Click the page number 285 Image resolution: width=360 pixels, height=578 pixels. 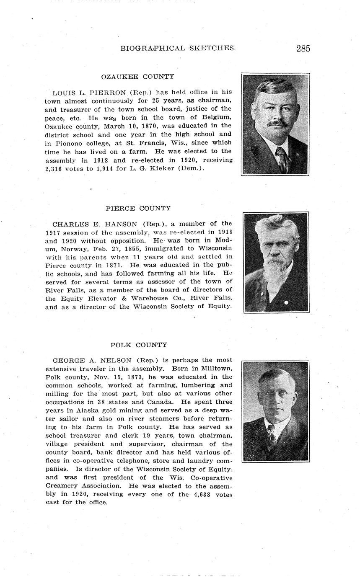click(x=303, y=49)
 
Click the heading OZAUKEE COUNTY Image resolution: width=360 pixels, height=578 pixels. click(x=137, y=77)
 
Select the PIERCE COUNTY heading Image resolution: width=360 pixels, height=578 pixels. click(x=138, y=208)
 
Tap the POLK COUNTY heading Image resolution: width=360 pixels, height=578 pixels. click(x=139, y=345)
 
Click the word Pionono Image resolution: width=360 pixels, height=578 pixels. click(x=69, y=143)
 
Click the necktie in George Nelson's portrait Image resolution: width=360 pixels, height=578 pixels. click(x=272, y=435)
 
